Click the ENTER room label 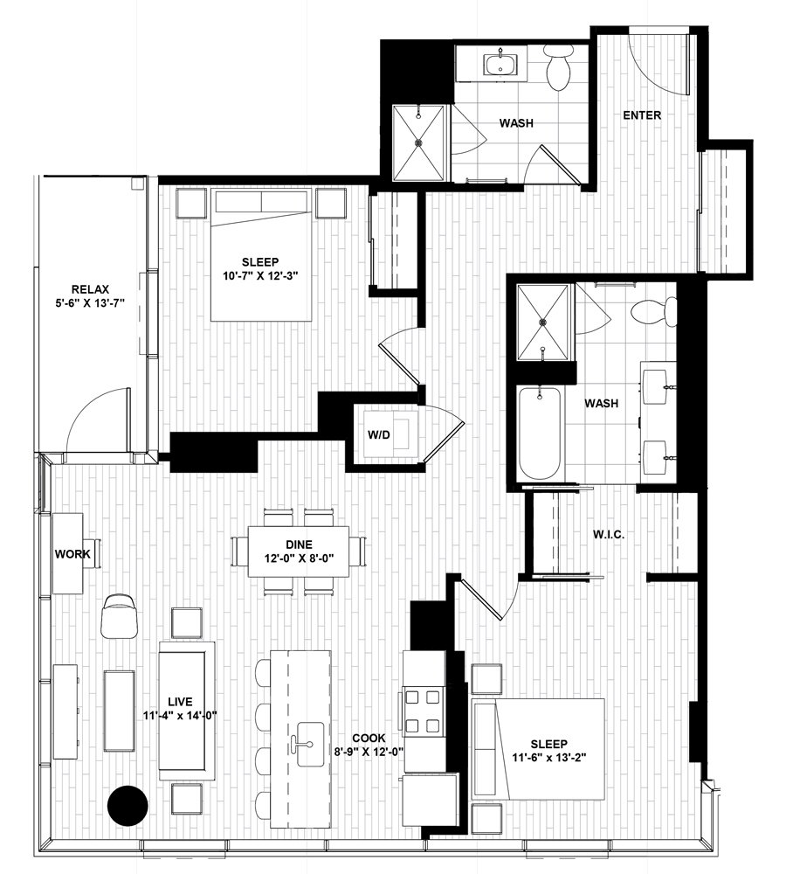tap(642, 115)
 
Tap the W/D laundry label tap(379, 434)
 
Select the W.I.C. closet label tap(609, 535)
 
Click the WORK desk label tap(72, 554)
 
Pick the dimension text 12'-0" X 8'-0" tap(300, 558)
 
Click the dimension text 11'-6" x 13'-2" tap(549, 757)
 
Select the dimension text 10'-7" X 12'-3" tap(260, 275)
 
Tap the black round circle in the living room tap(128, 805)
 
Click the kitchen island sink tap(310, 744)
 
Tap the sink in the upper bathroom tap(500, 62)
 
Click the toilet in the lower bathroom tap(654, 310)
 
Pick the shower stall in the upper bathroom tap(418, 142)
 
